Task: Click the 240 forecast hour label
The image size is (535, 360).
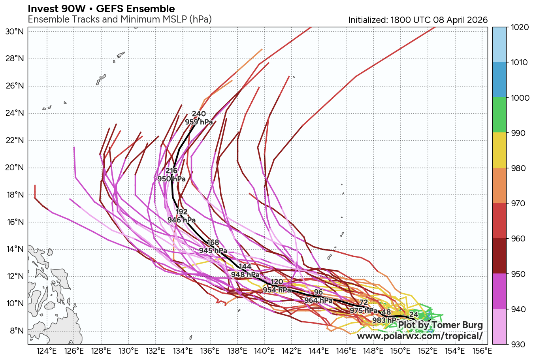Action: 199,114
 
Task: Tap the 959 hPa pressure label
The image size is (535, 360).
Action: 199,122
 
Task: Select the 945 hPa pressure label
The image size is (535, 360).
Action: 213,251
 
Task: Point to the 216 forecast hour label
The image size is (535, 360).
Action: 171,171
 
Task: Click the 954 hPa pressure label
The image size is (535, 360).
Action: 277,290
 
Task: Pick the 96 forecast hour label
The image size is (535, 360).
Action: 318,292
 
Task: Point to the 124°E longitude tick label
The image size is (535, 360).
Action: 47,351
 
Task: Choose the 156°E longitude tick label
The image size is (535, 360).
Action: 482,351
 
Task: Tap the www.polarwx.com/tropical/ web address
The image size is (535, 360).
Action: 420,336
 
